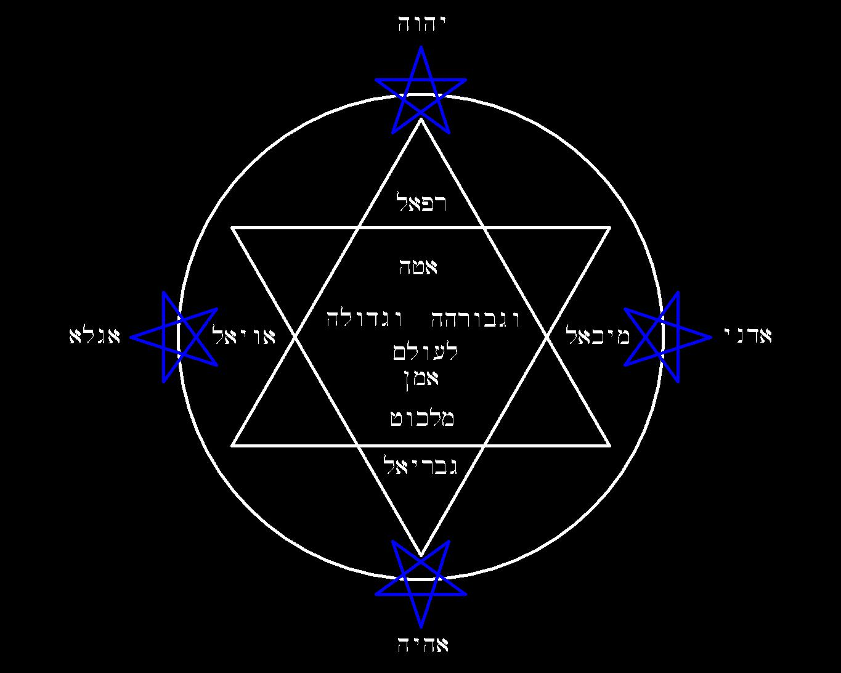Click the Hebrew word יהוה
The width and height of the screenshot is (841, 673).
(421, 24)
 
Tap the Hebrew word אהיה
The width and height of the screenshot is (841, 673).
(423, 645)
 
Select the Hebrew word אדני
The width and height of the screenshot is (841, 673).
(747, 335)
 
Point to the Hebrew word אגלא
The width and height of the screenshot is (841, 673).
(95, 336)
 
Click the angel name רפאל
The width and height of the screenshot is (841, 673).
(421, 202)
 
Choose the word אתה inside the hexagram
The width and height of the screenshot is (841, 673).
(418, 267)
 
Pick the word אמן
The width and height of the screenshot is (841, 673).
(421, 379)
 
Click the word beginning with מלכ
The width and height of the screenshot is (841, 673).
(422, 418)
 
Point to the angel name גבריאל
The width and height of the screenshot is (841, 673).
(422, 465)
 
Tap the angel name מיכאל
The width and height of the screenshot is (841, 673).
(598, 335)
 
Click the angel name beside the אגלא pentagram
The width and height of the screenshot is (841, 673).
(244, 335)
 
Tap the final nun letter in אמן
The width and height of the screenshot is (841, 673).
(407, 381)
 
